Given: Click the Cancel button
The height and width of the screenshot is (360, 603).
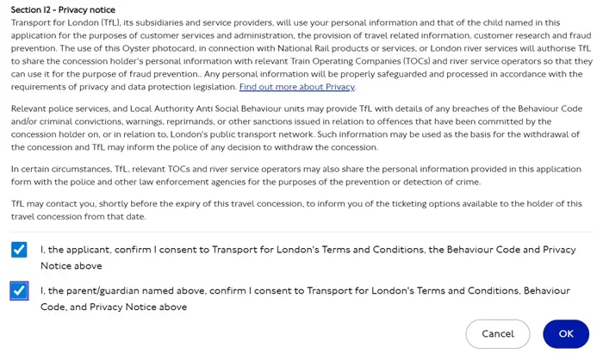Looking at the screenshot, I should [497, 333].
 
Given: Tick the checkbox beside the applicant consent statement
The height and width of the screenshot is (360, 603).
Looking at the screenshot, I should [19, 250].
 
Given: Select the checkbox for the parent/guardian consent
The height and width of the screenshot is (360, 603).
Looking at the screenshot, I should [19, 291].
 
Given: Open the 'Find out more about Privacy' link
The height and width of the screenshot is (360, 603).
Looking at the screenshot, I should [297, 87].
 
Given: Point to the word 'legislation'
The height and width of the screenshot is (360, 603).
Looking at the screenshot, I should [208, 87].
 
